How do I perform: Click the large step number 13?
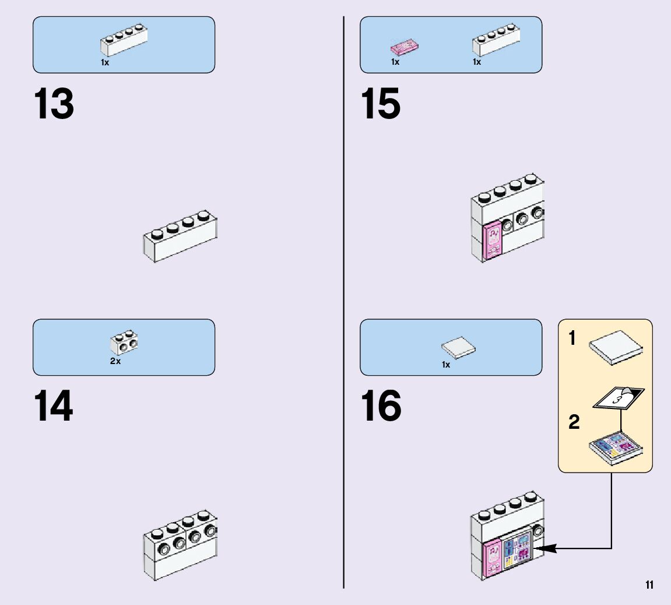point(54,104)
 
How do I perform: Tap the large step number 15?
point(381,104)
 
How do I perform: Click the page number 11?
point(649,585)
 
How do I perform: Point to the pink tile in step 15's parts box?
point(405,47)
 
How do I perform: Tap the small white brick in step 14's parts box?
point(124,344)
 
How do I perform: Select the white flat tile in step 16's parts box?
point(458,348)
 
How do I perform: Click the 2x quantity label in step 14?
point(115,361)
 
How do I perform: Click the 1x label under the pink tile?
point(395,62)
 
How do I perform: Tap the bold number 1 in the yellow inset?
point(572,338)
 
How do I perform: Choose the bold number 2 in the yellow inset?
point(574,422)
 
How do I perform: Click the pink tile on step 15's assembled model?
point(493,240)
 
